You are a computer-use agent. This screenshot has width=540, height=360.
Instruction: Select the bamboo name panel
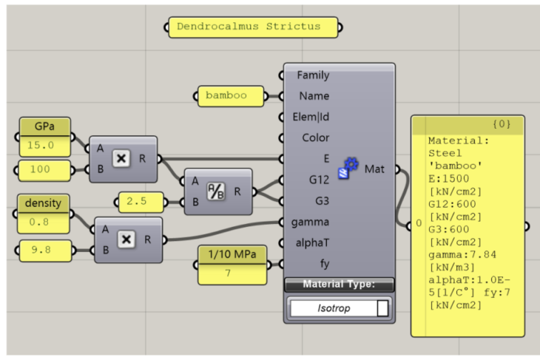[x=231, y=95]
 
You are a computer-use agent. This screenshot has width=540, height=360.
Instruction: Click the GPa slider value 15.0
[x=44, y=146]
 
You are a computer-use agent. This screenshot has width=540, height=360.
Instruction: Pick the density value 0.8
[x=44, y=220]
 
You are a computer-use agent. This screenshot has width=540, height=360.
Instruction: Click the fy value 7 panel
[x=232, y=274]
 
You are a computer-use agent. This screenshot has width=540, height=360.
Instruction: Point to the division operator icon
[x=215, y=191]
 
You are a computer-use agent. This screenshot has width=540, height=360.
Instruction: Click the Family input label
[x=313, y=75]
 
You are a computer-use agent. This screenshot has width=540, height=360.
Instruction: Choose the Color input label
[x=316, y=137]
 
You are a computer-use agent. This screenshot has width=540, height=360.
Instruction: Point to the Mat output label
[x=374, y=169]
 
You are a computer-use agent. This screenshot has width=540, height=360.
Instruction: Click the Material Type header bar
[x=340, y=284]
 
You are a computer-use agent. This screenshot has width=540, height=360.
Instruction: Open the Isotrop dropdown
[x=340, y=308]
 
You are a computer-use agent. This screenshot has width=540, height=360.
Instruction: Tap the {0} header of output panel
[x=502, y=124]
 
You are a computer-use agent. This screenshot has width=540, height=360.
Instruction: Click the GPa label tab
[x=44, y=127]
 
